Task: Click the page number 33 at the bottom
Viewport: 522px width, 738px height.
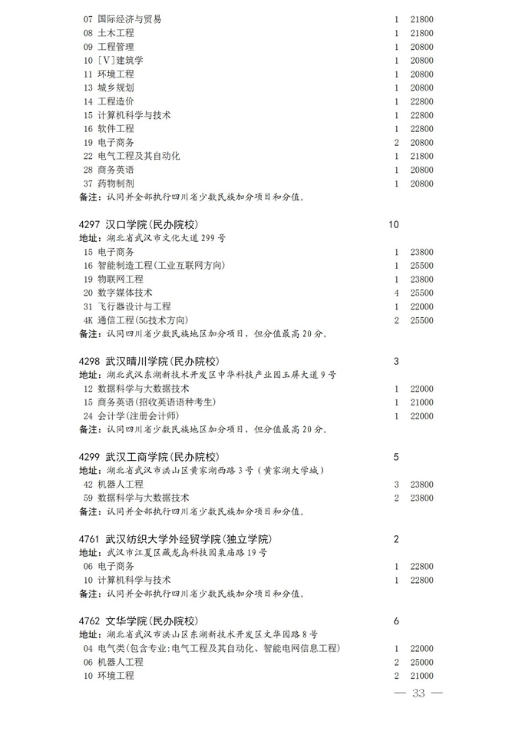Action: pyautogui.click(x=418, y=693)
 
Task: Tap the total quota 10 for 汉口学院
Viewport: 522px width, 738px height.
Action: pyautogui.click(x=395, y=225)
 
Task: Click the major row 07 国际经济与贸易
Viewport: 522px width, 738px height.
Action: pyautogui.click(x=122, y=19)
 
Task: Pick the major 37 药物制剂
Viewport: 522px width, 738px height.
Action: pyautogui.click(x=107, y=184)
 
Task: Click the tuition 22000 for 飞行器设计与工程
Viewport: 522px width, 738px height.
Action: pyautogui.click(x=421, y=306)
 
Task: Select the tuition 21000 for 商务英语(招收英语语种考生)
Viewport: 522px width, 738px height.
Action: pyautogui.click(x=421, y=402)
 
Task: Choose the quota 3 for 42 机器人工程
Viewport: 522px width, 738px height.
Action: pyautogui.click(x=396, y=485)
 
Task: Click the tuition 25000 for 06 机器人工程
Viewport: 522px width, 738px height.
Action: pyautogui.click(x=421, y=662)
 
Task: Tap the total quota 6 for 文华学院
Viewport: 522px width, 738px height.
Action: pyautogui.click(x=396, y=621)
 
